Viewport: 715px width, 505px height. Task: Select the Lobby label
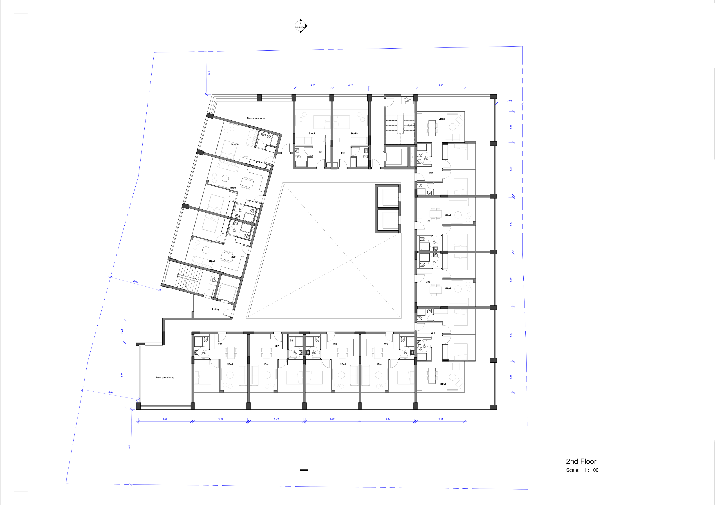pyautogui.click(x=215, y=309)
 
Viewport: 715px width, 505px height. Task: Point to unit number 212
pyautogui.click(x=321, y=152)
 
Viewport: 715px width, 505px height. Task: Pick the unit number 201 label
pyautogui.click(x=431, y=173)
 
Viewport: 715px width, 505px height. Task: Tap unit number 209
pyautogui.click(x=233, y=257)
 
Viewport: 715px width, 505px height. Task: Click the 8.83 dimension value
pyautogui.click(x=129, y=447)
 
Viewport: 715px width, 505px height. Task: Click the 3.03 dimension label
pyautogui.click(x=509, y=101)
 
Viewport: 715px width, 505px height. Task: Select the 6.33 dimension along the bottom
pyautogui.click(x=220, y=419)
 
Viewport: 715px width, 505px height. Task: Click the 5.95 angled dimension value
pyautogui.click(x=135, y=281)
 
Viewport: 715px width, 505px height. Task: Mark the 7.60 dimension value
pyautogui.click(x=122, y=375)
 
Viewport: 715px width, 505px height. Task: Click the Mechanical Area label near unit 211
pyautogui.click(x=256, y=118)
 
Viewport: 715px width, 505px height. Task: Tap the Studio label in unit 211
pyautogui.click(x=235, y=145)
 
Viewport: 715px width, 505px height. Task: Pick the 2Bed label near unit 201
pyautogui.click(x=441, y=119)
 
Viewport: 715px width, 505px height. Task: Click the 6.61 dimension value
pyautogui.click(x=111, y=392)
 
